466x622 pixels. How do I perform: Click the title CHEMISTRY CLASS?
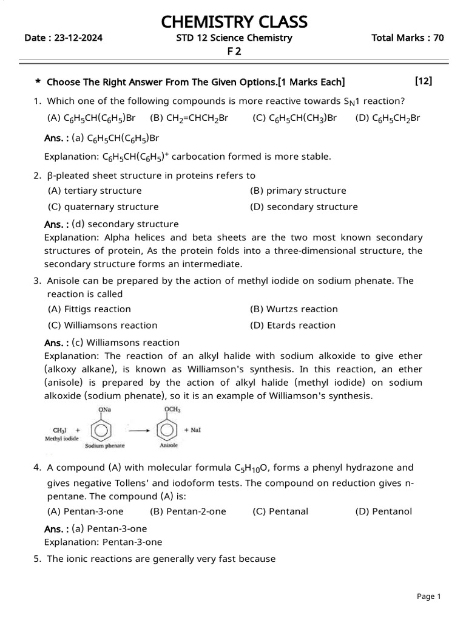tap(234, 22)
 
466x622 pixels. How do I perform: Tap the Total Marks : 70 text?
tap(407, 38)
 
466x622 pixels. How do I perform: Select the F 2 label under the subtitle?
tap(234, 52)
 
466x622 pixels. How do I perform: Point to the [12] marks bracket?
tap(424, 81)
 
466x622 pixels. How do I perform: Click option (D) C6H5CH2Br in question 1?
tap(388, 118)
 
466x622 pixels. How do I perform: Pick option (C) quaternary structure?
tap(103, 207)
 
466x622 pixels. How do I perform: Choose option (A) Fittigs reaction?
tap(89, 309)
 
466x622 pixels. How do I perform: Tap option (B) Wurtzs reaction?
tap(294, 309)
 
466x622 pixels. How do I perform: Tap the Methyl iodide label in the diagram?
tap(62, 438)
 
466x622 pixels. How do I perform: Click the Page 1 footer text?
tap(429, 596)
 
